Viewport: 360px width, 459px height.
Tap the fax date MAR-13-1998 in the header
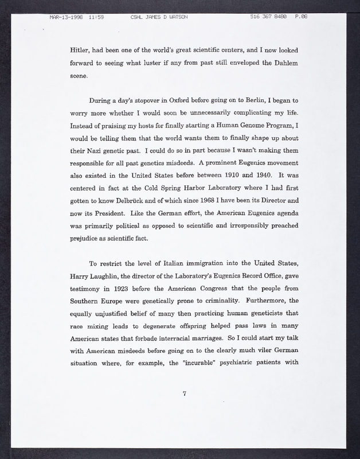64,17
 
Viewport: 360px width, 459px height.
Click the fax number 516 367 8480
269,17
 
